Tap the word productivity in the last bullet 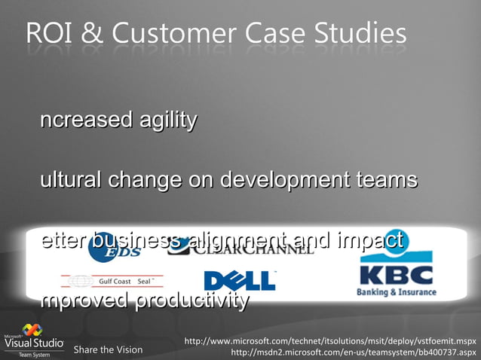191,301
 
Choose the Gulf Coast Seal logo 114,282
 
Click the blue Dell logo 239,282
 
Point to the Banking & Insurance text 397,292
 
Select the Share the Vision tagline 108,349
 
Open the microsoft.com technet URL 330,341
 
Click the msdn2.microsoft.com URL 353,352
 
